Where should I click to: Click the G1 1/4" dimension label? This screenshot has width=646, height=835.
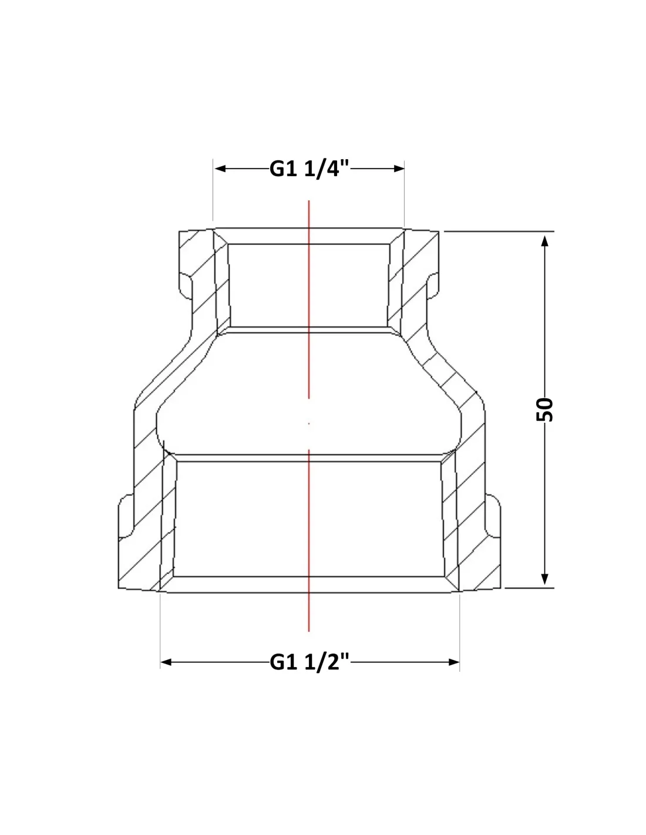[x=309, y=169]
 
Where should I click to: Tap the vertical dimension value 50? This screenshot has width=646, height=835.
[x=544, y=410]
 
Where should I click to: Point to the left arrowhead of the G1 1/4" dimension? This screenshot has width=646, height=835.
[x=220, y=169]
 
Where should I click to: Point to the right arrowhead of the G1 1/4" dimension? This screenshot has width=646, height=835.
[x=399, y=169]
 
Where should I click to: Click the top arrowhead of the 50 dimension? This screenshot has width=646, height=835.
[x=544, y=241]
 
